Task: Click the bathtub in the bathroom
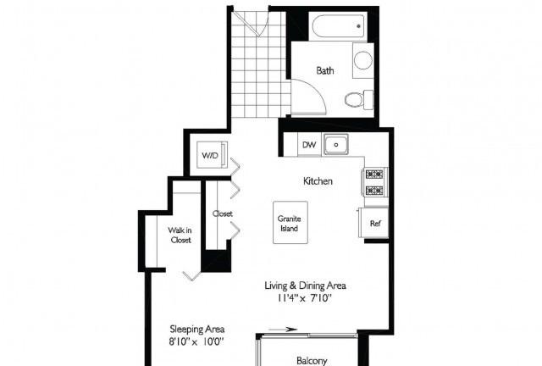tap(339, 26)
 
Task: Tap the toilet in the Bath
tap(359, 99)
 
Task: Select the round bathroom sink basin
tap(363, 60)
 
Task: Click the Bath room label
tap(325, 70)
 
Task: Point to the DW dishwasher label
tap(309, 145)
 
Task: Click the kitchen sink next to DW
tap(335, 145)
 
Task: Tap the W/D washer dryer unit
tap(213, 155)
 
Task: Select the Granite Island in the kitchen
tap(290, 223)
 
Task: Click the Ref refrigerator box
tap(373, 223)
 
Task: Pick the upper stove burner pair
tap(374, 174)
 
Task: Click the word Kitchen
tap(318, 181)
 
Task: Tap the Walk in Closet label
tap(180, 235)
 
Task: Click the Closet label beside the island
tap(222, 213)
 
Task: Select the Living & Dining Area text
tap(305, 286)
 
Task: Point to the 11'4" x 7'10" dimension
tap(305, 298)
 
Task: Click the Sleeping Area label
tap(197, 329)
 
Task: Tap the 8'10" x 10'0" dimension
tap(196, 341)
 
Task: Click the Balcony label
tap(312, 361)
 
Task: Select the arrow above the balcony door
tap(282, 330)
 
